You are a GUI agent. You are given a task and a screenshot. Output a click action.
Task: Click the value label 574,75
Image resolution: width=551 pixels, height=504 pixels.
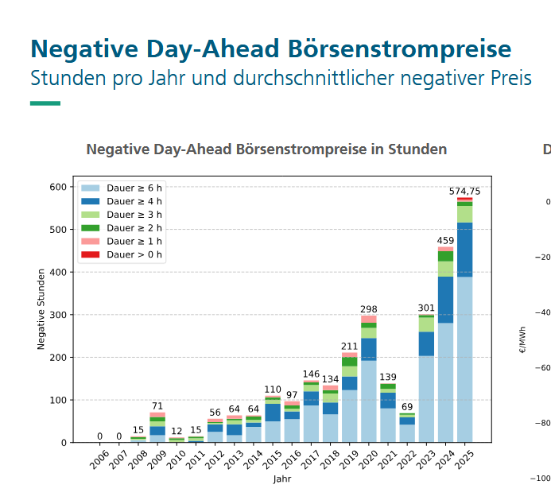tap(464, 192)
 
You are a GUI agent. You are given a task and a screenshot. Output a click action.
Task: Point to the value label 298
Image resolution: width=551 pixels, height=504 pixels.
tap(368, 309)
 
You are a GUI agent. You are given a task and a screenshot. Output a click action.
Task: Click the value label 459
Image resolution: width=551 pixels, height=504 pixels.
tap(445, 241)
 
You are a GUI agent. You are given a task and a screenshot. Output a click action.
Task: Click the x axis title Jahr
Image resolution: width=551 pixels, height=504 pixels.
tap(282, 479)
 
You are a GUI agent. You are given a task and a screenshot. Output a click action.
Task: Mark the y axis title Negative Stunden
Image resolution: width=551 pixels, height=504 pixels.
tap(41, 308)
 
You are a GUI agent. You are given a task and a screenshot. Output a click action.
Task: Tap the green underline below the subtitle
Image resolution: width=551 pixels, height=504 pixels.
tap(45, 103)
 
